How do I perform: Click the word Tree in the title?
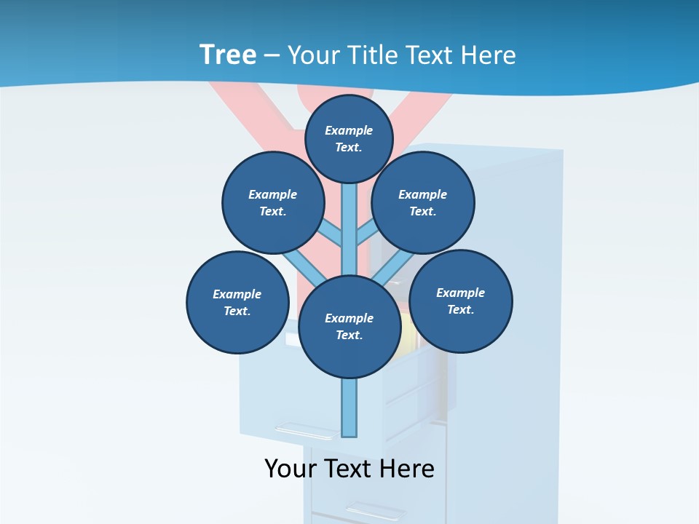(227, 55)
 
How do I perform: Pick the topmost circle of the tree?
(349, 138)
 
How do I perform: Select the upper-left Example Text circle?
(273, 202)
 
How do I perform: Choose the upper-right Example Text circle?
(423, 202)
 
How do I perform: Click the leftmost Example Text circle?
(237, 302)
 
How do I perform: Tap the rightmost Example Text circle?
(461, 301)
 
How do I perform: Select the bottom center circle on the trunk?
(349, 326)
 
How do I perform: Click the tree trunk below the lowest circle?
(349, 408)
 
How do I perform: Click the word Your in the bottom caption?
(291, 469)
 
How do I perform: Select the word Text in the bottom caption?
(351, 469)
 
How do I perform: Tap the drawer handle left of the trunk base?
(303, 431)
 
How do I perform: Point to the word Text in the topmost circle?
(349, 147)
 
